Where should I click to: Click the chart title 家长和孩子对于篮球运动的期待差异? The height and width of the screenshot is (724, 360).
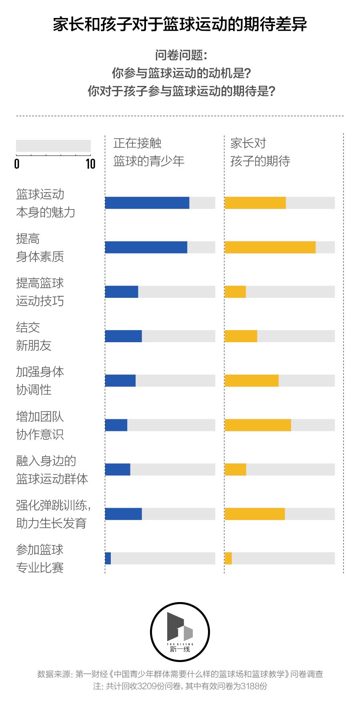tap(180, 25)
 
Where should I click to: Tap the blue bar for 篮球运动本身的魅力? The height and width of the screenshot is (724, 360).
tap(147, 203)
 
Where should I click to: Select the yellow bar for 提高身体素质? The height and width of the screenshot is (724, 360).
tap(270, 247)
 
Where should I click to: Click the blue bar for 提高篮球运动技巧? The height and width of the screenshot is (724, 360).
tap(122, 292)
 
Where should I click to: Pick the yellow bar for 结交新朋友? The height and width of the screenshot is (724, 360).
tap(241, 336)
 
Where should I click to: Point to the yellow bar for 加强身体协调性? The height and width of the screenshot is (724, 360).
tap(252, 381)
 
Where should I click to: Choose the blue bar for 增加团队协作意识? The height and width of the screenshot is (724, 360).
tap(116, 425)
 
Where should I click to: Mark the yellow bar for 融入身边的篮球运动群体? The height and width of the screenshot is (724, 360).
tap(235, 469)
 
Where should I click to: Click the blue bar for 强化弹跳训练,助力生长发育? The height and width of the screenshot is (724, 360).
tap(123, 514)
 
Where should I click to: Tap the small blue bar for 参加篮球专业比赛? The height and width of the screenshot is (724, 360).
tap(108, 558)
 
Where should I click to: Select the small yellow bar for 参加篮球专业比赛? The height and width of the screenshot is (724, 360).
tap(228, 558)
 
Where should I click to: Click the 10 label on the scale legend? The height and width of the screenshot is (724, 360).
tap(90, 164)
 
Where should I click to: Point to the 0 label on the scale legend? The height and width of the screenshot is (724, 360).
tap(17, 164)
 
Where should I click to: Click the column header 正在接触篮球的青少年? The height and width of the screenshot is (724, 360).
tap(148, 152)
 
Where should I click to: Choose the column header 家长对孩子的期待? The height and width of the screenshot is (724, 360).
tap(260, 152)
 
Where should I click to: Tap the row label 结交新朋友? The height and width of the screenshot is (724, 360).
tap(34, 336)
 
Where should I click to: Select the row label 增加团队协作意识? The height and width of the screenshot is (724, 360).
tap(40, 425)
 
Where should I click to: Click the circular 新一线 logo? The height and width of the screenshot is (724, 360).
tap(180, 632)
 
